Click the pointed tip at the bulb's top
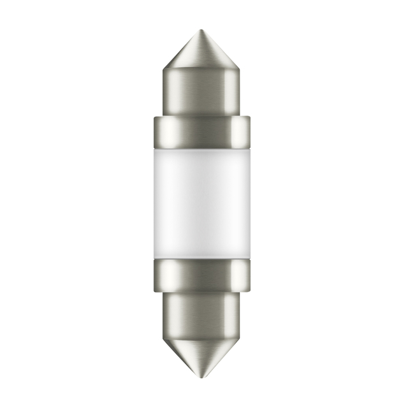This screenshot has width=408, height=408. click(x=201, y=31)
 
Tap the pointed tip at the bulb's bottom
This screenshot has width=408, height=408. click(x=201, y=377)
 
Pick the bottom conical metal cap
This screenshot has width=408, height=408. click(x=201, y=354)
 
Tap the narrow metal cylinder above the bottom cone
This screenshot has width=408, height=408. click(x=201, y=312)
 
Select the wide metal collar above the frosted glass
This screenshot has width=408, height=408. click(x=201, y=131)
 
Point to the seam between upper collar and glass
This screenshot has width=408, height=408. click(x=201, y=145)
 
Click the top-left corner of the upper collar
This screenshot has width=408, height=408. click(x=154, y=117)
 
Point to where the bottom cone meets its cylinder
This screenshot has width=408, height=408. click(x=201, y=335)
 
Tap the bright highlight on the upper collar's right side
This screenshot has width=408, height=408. click(x=240, y=131)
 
